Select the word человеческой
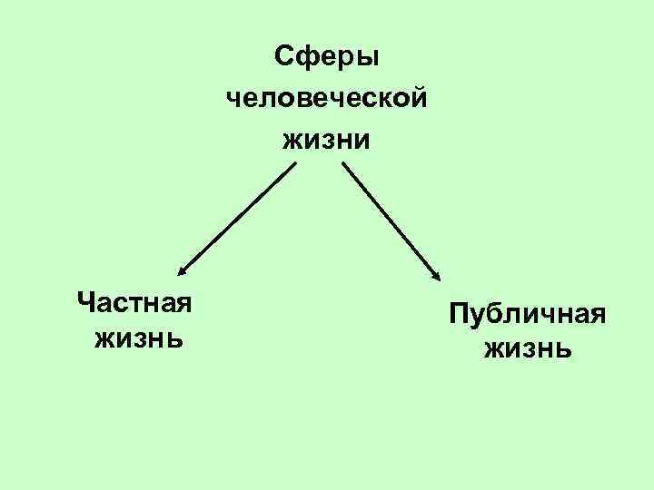coord(327,99)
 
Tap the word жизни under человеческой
coord(327,140)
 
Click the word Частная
coord(134,300)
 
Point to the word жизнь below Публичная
coord(528,349)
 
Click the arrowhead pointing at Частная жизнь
coord(182,269)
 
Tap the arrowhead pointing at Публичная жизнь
coord(437,276)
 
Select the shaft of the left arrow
coord(238,217)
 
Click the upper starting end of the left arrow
coord(294,164)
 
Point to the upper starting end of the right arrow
coord(343,164)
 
